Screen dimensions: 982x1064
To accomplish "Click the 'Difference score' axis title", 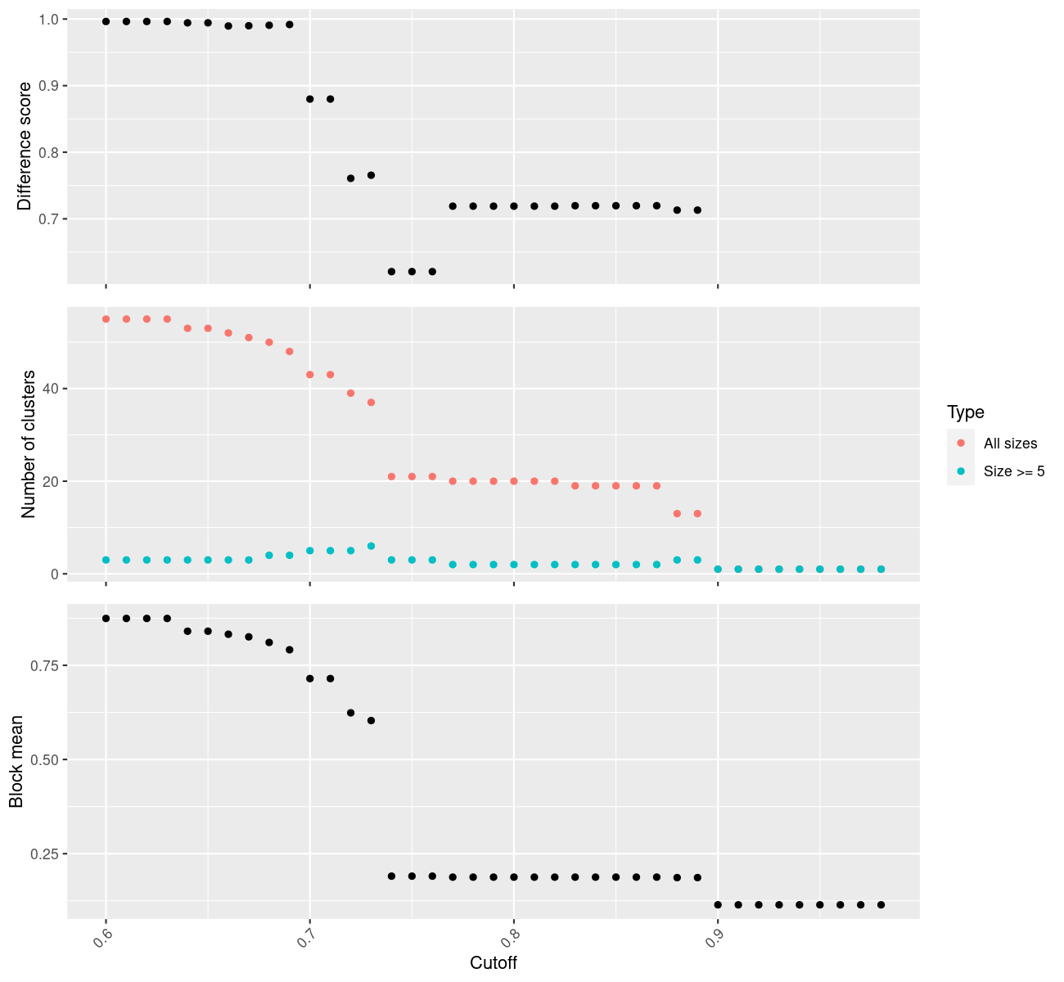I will point(25,146).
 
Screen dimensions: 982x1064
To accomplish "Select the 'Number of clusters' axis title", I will point(29,444).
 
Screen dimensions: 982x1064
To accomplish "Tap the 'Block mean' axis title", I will point(16,762).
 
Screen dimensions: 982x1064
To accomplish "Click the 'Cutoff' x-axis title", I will point(494,962).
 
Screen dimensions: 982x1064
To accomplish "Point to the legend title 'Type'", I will point(966,412).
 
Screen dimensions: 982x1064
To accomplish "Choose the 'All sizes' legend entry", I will point(1010,444).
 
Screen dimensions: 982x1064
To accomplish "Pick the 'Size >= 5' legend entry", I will point(1014,471).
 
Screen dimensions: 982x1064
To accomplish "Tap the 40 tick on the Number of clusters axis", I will point(51,388).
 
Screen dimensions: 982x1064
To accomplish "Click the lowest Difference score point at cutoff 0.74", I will point(391,272).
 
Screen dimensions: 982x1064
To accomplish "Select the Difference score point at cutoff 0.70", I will point(309,99).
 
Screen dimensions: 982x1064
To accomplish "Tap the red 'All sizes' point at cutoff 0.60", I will point(106,319).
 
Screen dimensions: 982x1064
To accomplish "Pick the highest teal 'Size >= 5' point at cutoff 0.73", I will point(371,546).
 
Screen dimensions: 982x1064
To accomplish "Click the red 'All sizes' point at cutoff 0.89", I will point(697,514).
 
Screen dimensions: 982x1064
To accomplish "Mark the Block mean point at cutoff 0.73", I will point(371,721).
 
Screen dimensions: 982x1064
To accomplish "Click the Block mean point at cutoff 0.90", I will point(718,905).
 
